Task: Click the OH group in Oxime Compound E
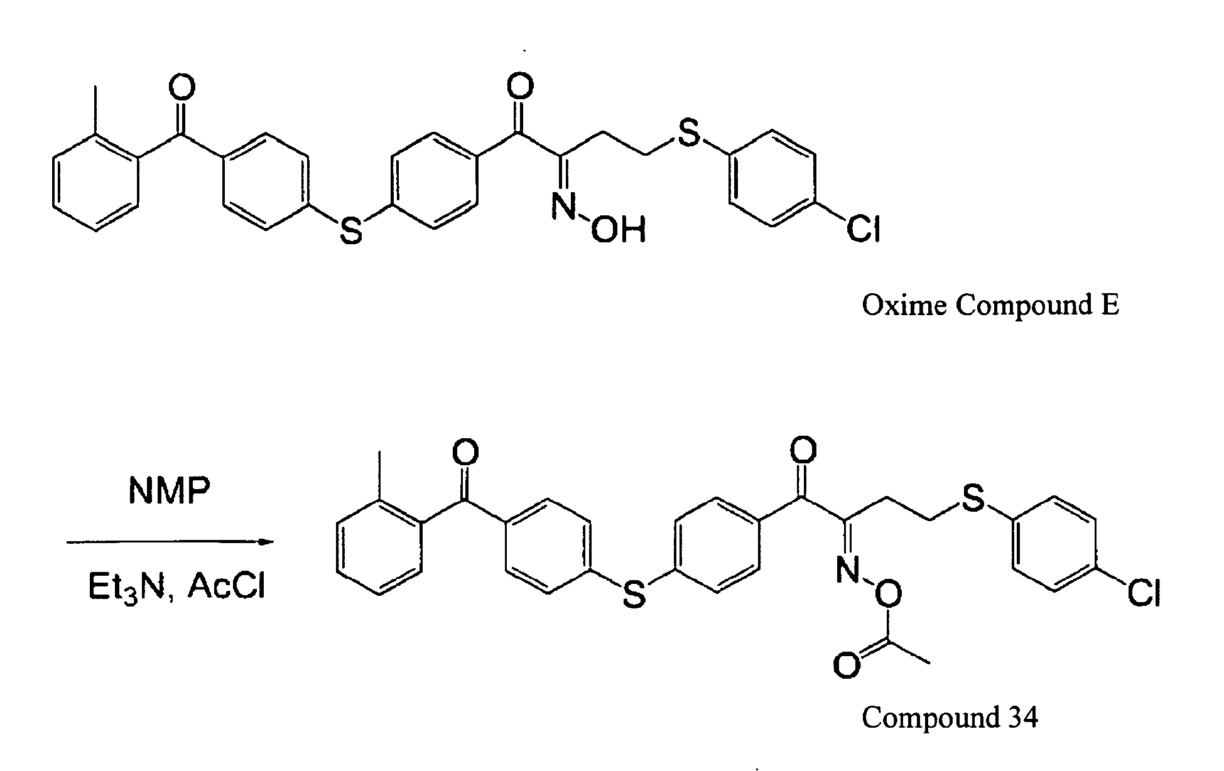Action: [619, 230]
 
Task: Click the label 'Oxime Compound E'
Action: [990, 306]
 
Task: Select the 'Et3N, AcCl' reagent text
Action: [176, 588]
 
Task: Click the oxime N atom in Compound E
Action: [563, 207]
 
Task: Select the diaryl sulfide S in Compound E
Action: [351, 230]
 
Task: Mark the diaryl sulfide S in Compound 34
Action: [634, 594]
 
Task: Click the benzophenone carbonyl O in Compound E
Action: [182, 88]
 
